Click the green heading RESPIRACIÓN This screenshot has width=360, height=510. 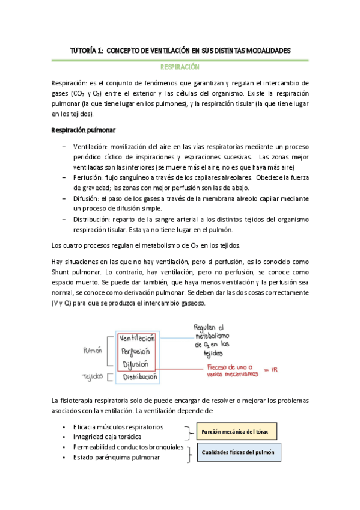tap(179, 68)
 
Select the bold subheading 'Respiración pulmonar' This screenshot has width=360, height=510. tap(84, 130)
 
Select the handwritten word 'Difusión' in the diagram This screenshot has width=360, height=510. tap(136, 364)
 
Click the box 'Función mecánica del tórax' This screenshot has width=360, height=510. tap(235, 431)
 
